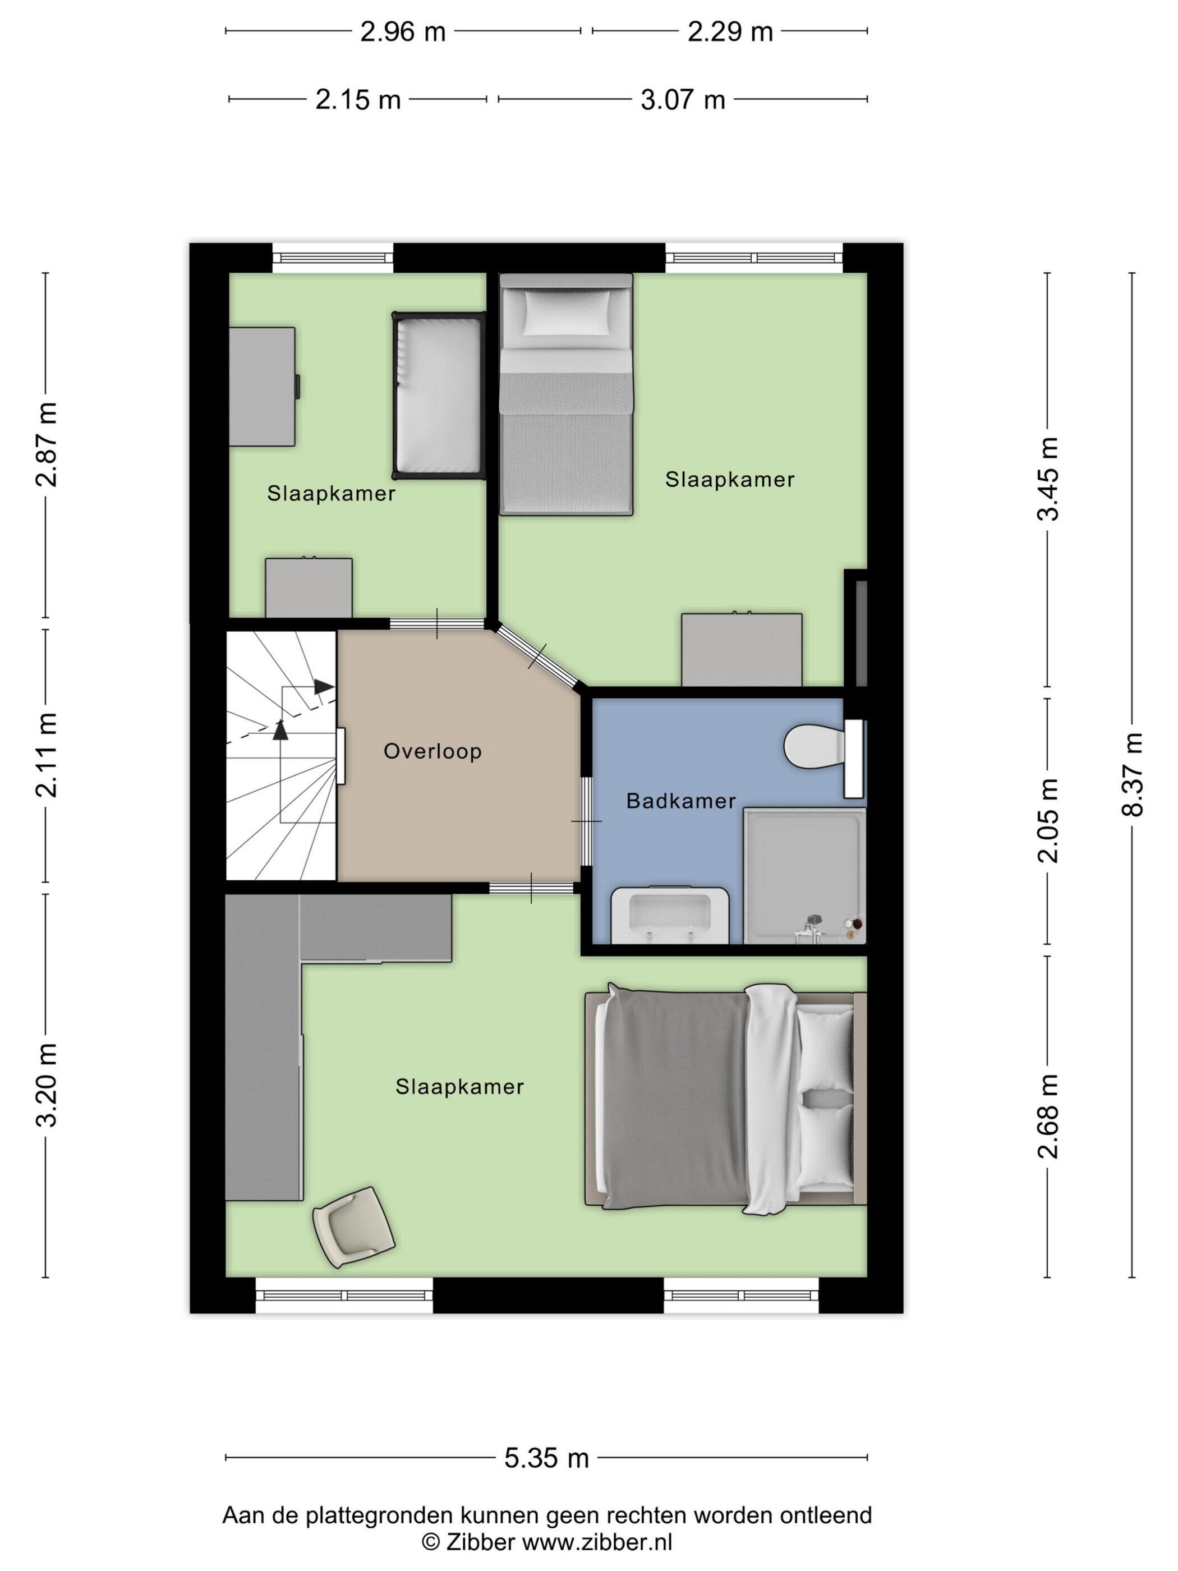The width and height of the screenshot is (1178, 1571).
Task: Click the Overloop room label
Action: click(x=432, y=751)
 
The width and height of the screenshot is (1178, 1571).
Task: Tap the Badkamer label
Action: click(x=681, y=801)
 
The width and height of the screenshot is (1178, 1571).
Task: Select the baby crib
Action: click(x=439, y=395)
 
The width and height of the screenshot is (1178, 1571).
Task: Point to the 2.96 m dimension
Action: click(x=403, y=32)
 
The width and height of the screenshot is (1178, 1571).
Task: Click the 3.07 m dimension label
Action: click(x=682, y=100)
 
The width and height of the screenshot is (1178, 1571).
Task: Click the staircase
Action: click(x=281, y=756)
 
